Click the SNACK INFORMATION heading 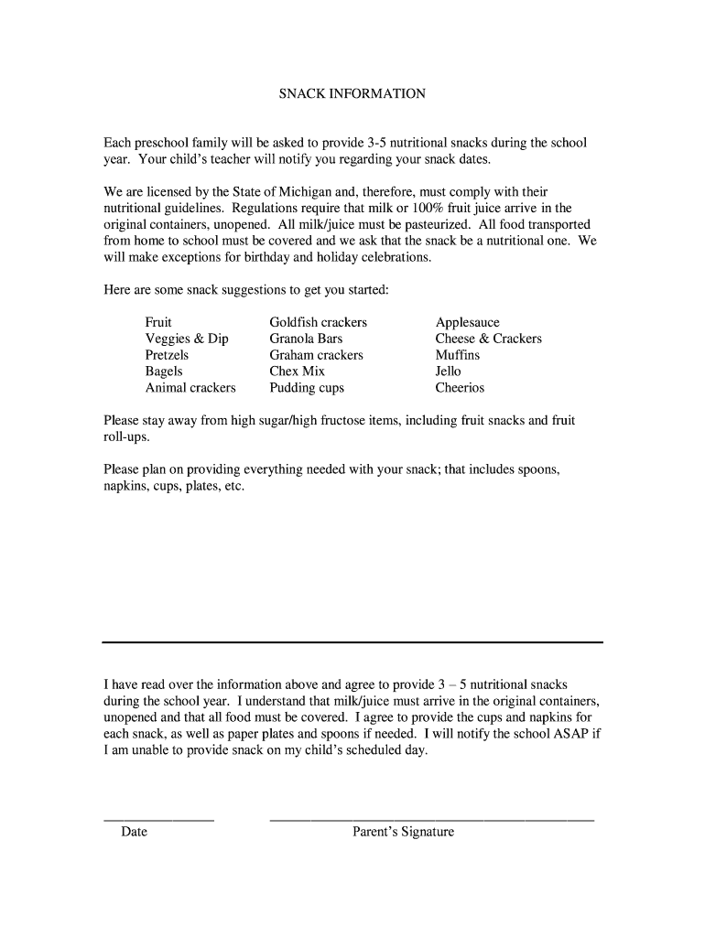click(352, 93)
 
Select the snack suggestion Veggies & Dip click(187, 339)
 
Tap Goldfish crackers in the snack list click(318, 322)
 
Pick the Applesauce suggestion click(467, 322)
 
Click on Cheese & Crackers click(488, 339)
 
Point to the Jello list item click(448, 372)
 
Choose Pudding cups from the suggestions click(306, 388)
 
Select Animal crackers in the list click(190, 388)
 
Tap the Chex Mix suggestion click(297, 372)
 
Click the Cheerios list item click(460, 388)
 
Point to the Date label click(134, 833)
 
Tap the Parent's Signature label click(404, 833)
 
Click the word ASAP click(569, 734)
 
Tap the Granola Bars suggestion click(306, 339)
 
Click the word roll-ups click(125, 437)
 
